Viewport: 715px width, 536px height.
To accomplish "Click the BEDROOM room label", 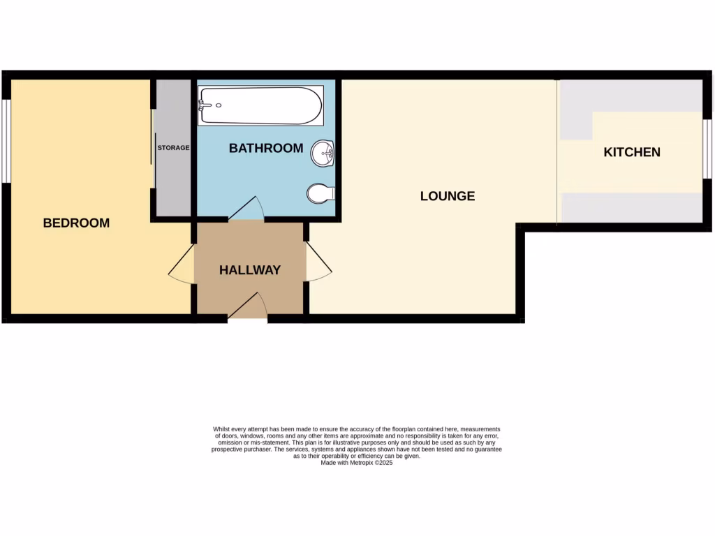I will click(76, 223).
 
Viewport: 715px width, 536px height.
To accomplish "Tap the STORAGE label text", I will click(173, 148).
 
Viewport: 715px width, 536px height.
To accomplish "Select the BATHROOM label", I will click(266, 148).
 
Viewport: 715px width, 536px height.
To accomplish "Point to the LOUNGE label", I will click(448, 196).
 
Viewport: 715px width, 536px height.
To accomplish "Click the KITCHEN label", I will click(632, 152).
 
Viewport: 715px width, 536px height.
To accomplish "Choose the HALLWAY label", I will click(250, 270).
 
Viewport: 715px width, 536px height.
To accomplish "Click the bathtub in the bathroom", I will click(260, 105).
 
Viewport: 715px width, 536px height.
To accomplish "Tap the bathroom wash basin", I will click(325, 154).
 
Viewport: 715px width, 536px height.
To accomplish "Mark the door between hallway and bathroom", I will click(246, 208).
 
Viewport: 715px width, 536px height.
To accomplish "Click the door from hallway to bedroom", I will click(182, 265).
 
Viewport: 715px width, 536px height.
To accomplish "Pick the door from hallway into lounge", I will click(318, 262).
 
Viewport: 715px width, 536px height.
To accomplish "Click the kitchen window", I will click(707, 148).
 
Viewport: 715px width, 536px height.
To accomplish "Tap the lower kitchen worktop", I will click(632, 207).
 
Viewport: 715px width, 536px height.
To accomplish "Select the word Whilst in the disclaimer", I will click(221, 429).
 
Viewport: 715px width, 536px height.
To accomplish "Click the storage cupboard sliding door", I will click(153, 148).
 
